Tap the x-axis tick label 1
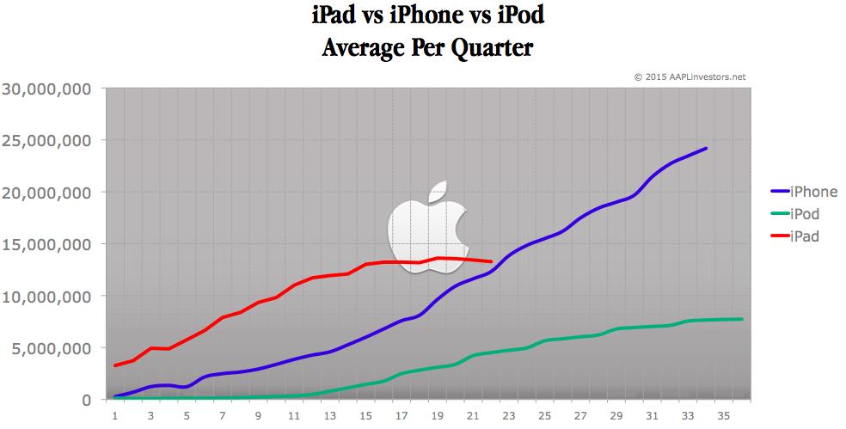[114, 414]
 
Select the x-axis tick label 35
[725, 414]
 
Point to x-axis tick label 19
[438, 414]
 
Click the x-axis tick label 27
[581, 414]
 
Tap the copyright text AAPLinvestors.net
[690, 77]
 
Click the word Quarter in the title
[488, 48]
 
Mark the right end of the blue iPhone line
[707, 148]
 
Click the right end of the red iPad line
[491, 261]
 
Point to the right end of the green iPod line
[742, 319]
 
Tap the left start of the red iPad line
[114, 365]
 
